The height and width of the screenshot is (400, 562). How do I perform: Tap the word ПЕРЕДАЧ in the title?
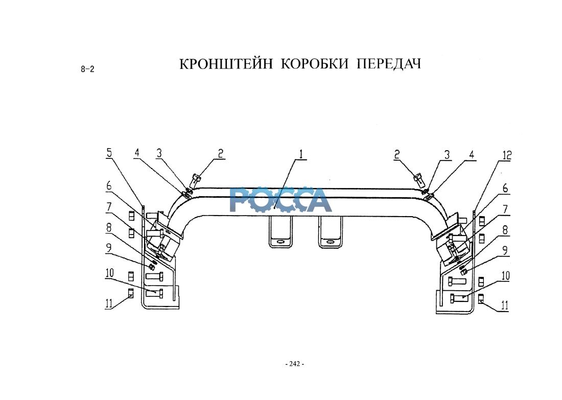click(x=388, y=64)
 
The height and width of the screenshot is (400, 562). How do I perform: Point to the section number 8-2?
click(x=87, y=70)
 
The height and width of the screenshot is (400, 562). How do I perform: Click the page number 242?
click(x=294, y=364)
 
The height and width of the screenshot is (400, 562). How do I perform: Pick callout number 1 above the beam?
click(x=301, y=153)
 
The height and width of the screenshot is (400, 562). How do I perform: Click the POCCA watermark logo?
click(x=280, y=200)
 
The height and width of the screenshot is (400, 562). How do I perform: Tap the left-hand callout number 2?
click(x=220, y=153)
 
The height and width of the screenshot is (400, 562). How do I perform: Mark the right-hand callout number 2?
click(x=398, y=153)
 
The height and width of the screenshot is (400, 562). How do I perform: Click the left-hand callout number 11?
click(x=108, y=303)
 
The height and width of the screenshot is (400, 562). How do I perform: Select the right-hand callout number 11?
click(x=504, y=307)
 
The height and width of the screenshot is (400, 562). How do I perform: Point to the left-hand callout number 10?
click(x=109, y=273)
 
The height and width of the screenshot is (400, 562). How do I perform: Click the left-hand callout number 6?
click(x=109, y=187)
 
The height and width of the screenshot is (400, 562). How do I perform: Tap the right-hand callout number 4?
click(x=472, y=153)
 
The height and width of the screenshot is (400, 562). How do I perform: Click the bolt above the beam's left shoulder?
click(x=195, y=180)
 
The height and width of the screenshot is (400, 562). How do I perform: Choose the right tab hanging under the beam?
click(x=329, y=232)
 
